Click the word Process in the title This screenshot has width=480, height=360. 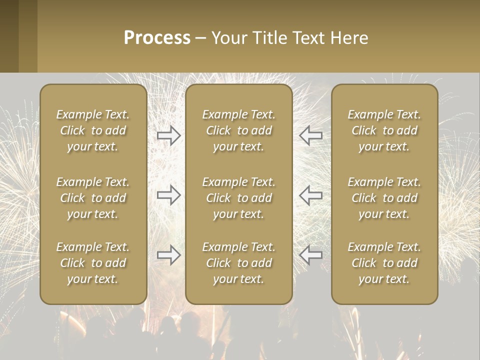pos(157,38)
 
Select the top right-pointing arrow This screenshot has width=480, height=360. pos(168,135)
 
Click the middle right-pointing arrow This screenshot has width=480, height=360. pos(168,195)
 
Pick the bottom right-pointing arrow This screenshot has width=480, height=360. pos(168,255)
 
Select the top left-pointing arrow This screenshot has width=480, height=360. pos(310,135)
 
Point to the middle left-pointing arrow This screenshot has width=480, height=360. pos(310,195)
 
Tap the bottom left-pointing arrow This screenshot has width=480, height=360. pos(310,255)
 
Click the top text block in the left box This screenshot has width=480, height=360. pos(93,130)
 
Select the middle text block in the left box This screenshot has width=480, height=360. pos(93,198)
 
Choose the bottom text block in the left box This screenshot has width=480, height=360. pos(93,263)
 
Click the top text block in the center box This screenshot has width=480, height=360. pos(239,130)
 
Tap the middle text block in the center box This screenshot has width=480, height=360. pos(239,198)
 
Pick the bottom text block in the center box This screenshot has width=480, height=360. pos(239,263)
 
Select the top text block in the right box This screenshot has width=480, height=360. pos(384,130)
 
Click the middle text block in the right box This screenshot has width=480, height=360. pos(384,198)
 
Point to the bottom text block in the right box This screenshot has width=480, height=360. pos(384,263)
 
